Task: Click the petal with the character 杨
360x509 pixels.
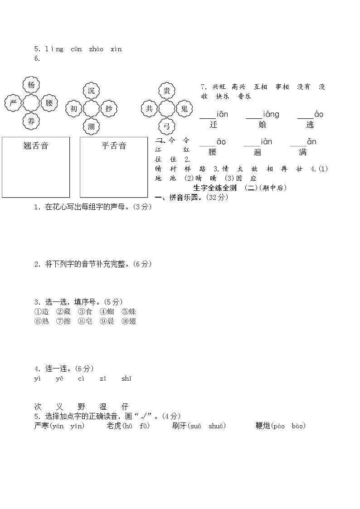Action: pyautogui.click(x=31, y=85)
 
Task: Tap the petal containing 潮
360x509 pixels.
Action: pyautogui.click(x=92, y=126)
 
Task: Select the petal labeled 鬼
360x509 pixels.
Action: pyautogui.click(x=184, y=108)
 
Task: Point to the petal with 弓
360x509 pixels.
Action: pyautogui.click(x=167, y=126)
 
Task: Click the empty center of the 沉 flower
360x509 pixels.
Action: pyautogui.click(x=92, y=109)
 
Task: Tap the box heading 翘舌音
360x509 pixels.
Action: pyautogui.click(x=36, y=145)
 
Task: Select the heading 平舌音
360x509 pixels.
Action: pyautogui.click(x=114, y=145)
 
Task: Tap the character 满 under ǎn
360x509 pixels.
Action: pyautogui.click(x=303, y=152)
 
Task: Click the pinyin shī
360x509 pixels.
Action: pyautogui.click(x=126, y=378)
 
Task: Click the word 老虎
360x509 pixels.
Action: pyautogui.click(x=114, y=426)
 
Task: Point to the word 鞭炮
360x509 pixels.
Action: pyautogui.click(x=263, y=426)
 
